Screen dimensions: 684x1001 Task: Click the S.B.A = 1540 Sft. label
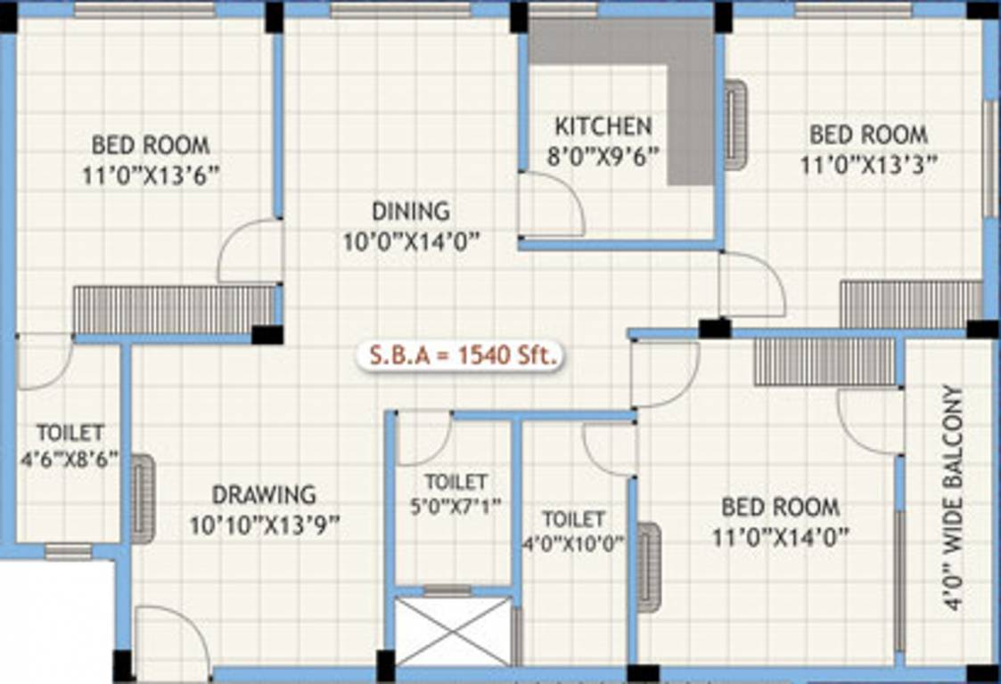(460, 355)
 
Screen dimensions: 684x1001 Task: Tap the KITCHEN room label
(603, 125)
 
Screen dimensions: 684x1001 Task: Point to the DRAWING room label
(264, 493)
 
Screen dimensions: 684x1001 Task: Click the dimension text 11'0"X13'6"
(151, 175)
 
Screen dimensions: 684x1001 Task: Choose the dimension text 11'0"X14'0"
(780, 537)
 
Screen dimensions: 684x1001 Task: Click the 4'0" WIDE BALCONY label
(951, 497)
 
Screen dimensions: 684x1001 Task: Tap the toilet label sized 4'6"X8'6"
(70, 433)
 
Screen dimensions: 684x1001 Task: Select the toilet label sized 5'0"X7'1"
(455, 482)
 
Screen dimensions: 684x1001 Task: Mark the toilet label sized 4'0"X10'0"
(574, 518)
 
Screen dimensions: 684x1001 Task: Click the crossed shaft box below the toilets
(453, 631)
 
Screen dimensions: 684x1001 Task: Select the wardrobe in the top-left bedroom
(174, 309)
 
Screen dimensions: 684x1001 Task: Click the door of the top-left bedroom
(250, 252)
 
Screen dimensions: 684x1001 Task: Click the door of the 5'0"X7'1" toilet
(423, 438)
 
